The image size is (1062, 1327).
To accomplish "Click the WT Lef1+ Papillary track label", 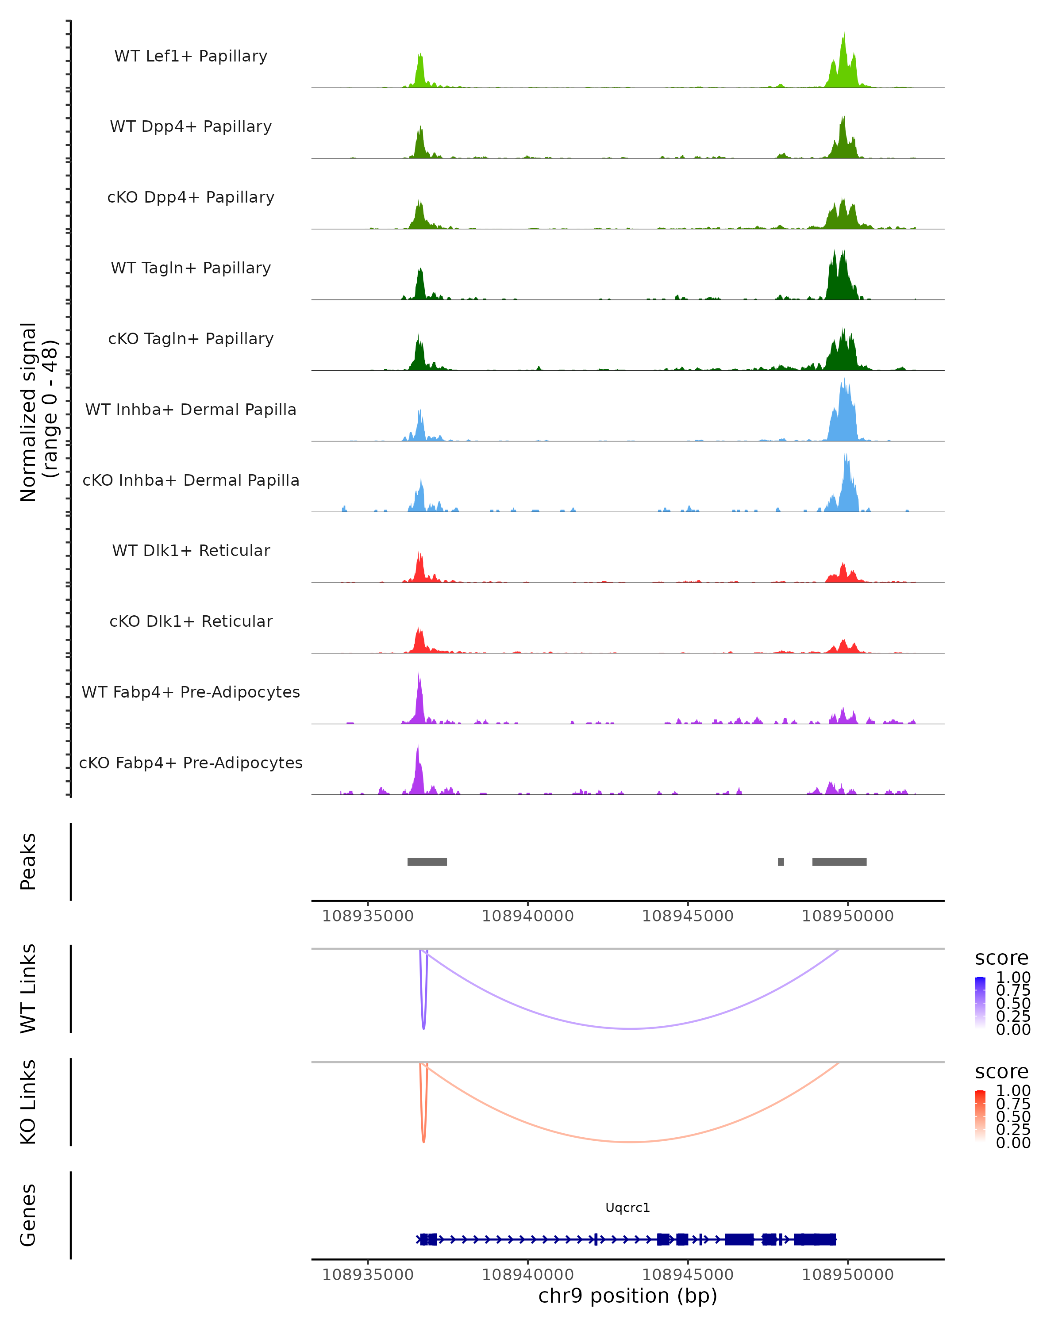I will tap(191, 56).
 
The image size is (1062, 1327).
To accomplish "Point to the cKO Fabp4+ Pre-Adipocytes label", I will tap(191, 763).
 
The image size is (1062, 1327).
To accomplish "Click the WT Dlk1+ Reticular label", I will tap(191, 550).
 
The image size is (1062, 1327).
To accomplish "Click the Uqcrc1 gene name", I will tap(627, 1208).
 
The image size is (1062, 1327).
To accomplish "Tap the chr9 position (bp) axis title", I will tap(627, 1296).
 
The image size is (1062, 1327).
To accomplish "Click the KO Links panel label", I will tap(28, 1102).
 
